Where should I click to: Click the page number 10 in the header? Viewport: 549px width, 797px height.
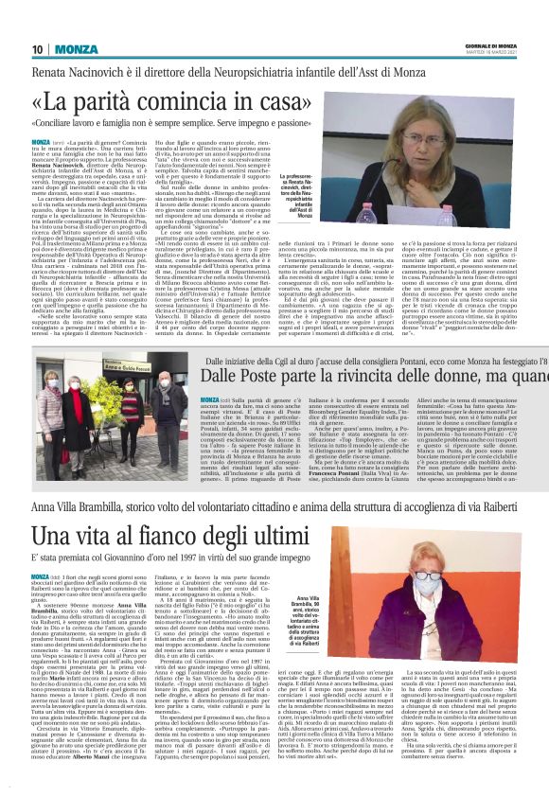point(38,49)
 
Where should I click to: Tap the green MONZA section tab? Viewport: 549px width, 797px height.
point(75,49)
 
